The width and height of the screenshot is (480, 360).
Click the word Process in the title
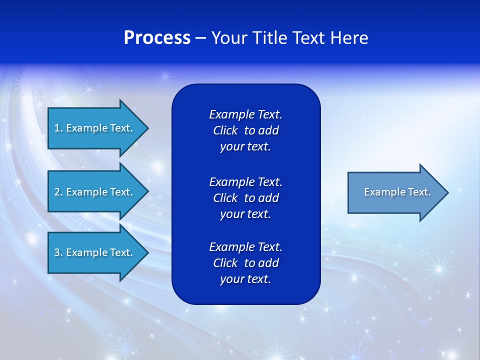click(x=157, y=38)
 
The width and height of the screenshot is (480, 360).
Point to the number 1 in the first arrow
click(x=56, y=128)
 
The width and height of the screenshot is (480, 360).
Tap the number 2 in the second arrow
click(x=56, y=192)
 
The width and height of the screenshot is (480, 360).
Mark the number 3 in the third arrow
click(x=56, y=252)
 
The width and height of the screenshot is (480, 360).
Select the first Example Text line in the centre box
click(x=245, y=114)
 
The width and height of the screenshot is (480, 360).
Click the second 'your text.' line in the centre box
click(x=245, y=214)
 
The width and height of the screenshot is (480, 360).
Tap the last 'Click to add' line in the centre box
click(x=245, y=263)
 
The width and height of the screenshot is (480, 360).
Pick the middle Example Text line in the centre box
click(x=245, y=182)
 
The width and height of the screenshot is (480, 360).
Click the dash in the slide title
click(x=200, y=38)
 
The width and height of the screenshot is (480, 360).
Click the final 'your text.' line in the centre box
click(x=245, y=279)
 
